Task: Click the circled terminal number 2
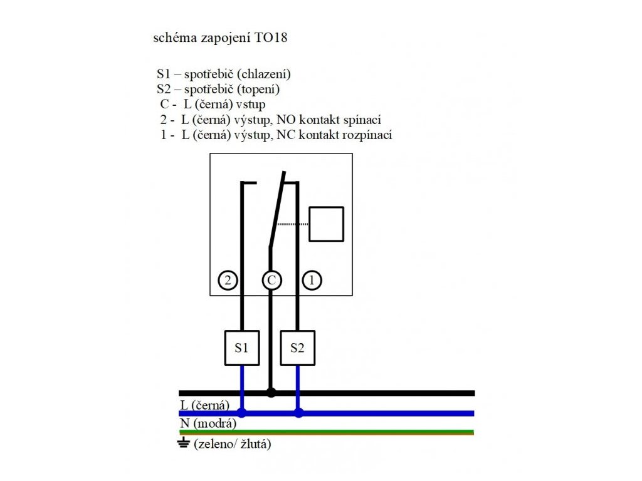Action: pos(228,281)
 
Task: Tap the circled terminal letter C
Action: pos(271,281)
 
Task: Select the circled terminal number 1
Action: pos(312,281)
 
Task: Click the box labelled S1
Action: pos(242,348)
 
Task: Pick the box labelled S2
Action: pos(297,348)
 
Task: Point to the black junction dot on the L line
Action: pos(271,393)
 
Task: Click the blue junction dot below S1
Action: pos(242,413)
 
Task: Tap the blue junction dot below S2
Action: pos(298,413)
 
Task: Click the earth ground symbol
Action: pos(184,443)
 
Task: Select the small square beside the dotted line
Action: pos(327,224)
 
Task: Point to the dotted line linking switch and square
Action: pos(293,224)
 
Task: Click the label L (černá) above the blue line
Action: pos(205,405)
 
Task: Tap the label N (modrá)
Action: pos(208,424)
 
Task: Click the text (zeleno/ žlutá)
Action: pos(233,444)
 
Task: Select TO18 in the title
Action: pos(271,38)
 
